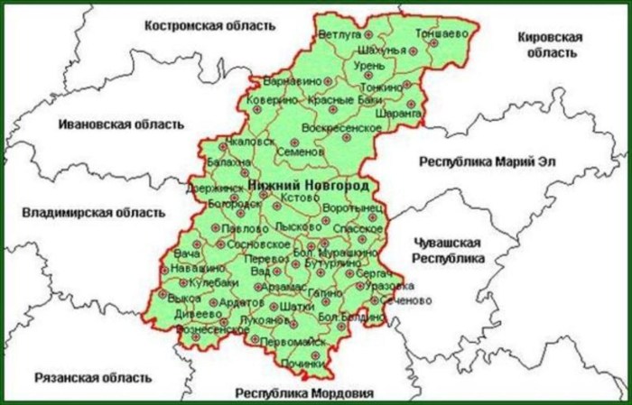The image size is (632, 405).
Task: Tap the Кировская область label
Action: click(550, 45)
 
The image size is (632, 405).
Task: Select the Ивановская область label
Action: click(119, 123)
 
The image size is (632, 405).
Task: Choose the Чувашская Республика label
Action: click(448, 251)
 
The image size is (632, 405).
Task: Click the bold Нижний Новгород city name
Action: click(308, 185)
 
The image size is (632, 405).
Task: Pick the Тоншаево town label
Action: click(442, 33)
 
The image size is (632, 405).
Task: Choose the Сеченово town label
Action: click(395, 299)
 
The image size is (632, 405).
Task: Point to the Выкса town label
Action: click(184, 298)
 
